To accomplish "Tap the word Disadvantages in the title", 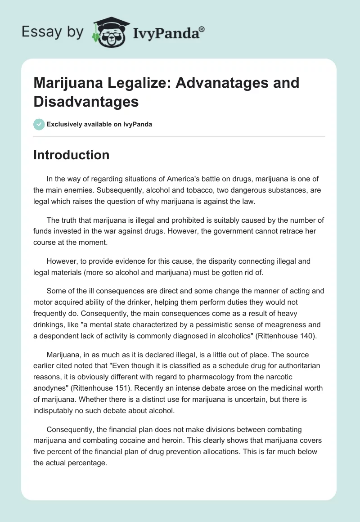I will coord(86,102).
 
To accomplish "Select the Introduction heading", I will coord(72,155).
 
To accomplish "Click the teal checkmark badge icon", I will coord(39,124).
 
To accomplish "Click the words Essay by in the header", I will coord(52,31).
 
